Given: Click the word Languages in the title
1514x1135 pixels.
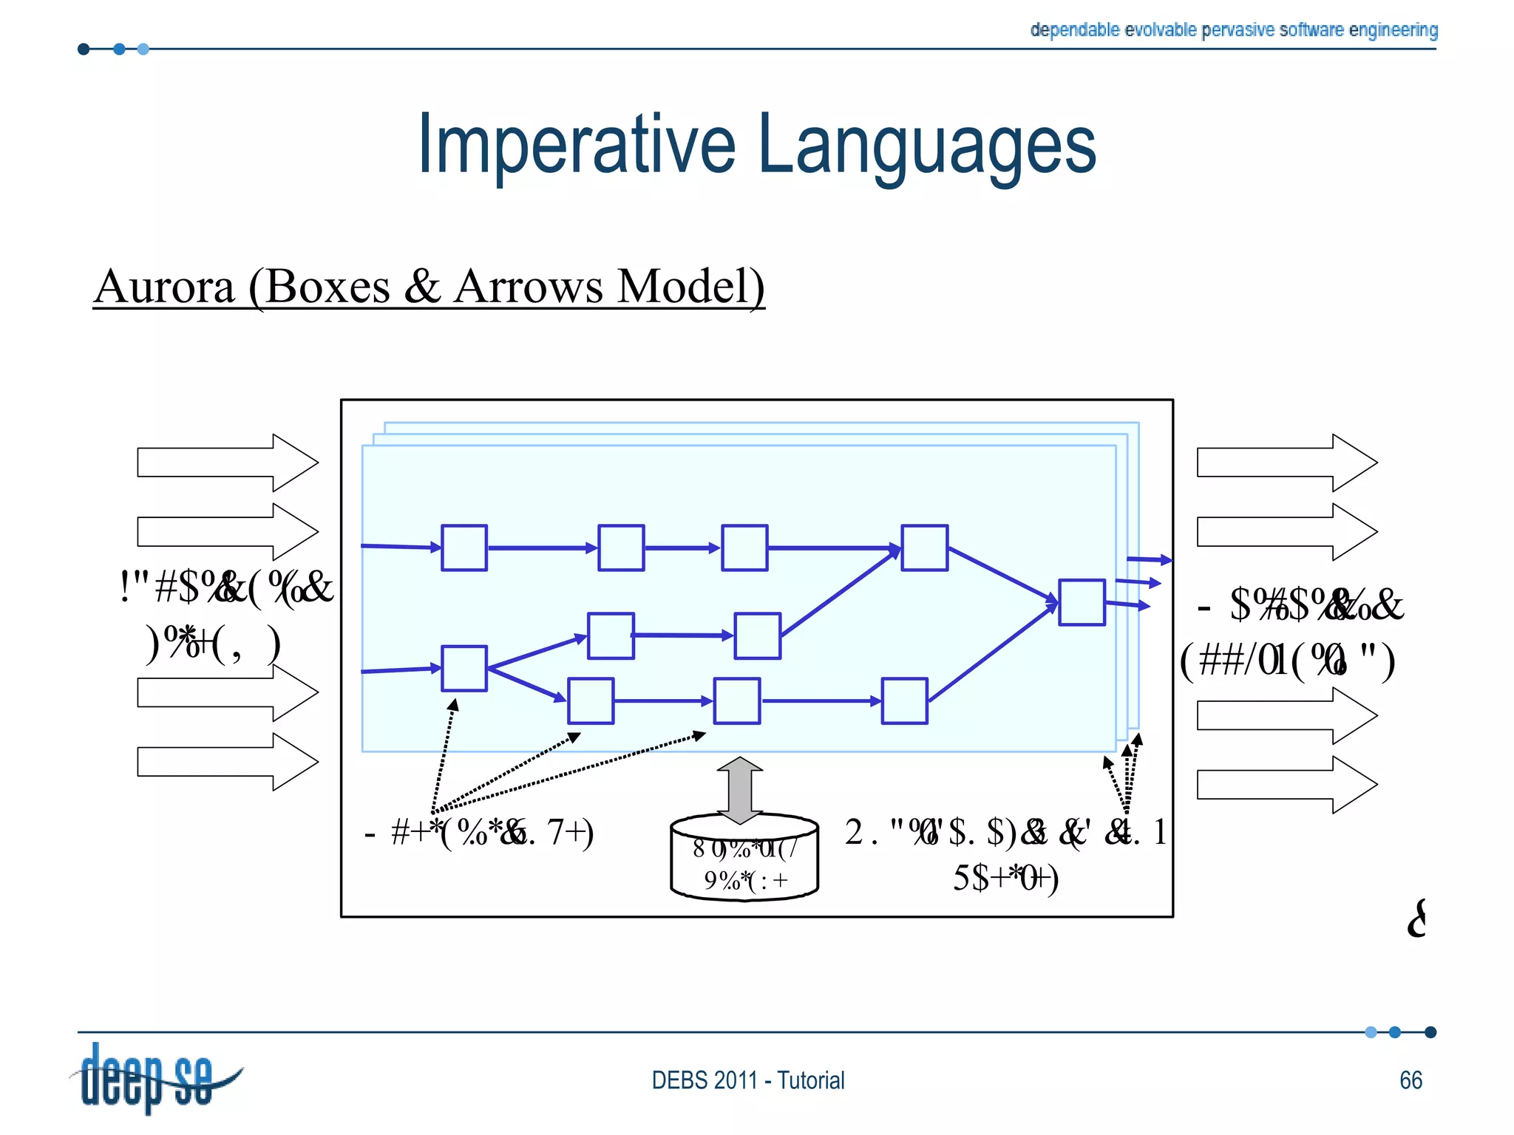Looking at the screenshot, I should pyautogui.click(x=927, y=146).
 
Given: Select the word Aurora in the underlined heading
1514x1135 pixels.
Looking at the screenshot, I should pyautogui.click(x=164, y=287).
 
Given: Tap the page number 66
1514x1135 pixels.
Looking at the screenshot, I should pyautogui.click(x=1411, y=1080).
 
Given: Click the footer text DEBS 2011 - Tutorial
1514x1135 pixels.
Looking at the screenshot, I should pyautogui.click(x=747, y=1080).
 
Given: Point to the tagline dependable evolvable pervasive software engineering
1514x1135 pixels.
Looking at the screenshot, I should pyautogui.click(x=1233, y=30).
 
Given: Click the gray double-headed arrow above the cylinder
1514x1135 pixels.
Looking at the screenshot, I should pyautogui.click(x=740, y=790).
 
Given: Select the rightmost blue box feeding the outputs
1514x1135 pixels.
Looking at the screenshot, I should pyautogui.click(x=1082, y=602).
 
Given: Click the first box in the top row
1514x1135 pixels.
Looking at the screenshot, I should pyautogui.click(x=464, y=548).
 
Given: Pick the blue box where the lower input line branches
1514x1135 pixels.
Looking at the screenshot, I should pyautogui.click(x=464, y=668).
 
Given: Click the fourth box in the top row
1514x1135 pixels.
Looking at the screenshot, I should pyautogui.click(x=924, y=548).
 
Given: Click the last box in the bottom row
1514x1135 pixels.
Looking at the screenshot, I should pyautogui.click(x=905, y=701).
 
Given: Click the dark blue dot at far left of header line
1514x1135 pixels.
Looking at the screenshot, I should pyautogui.click(x=84, y=50).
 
